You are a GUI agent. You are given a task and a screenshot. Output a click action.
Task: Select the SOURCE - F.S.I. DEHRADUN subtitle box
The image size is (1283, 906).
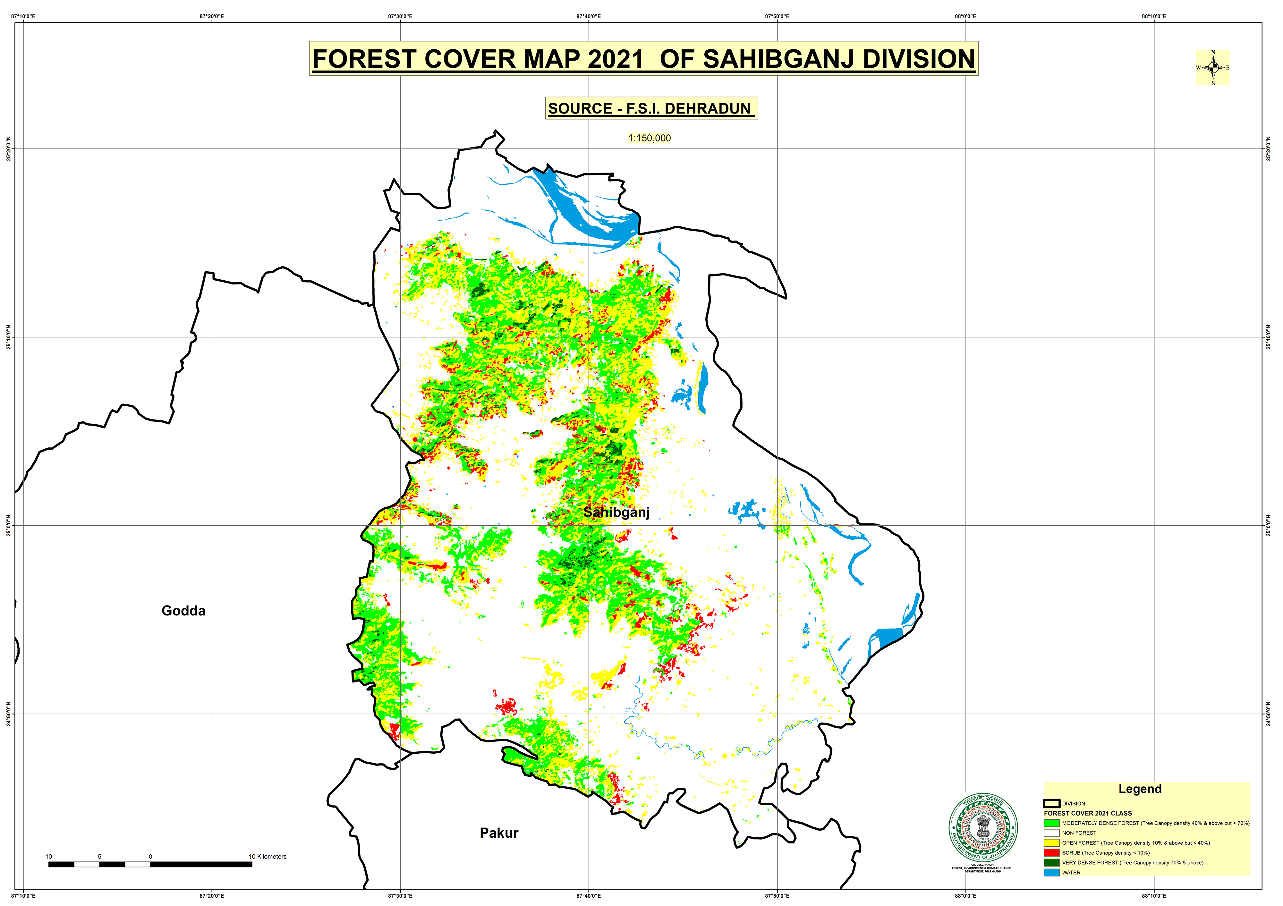(651, 108)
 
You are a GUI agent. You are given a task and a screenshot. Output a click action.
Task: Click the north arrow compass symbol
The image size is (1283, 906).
(1212, 68)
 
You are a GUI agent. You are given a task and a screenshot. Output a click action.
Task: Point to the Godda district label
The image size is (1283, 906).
(183, 611)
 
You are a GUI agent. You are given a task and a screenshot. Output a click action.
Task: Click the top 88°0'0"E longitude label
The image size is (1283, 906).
(965, 17)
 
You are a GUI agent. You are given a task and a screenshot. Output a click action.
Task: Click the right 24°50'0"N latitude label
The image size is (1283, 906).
(1269, 714)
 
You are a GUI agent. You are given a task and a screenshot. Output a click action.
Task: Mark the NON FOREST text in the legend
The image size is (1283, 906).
(1079, 833)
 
